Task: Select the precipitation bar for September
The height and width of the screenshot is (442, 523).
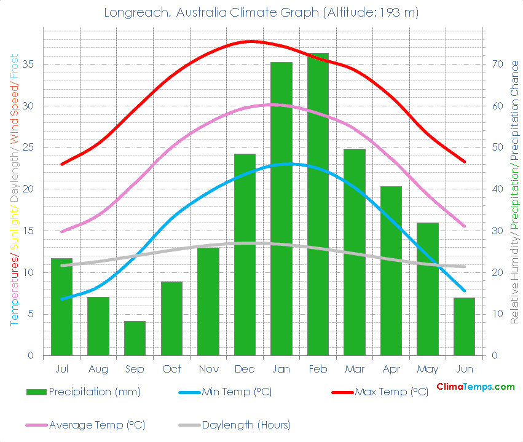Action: [x=135, y=338]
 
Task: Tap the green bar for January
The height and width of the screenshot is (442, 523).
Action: [x=281, y=209]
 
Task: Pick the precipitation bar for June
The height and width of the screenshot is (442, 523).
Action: [x=464, y=326]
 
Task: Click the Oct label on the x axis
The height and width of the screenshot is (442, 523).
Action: [x=171, y=369]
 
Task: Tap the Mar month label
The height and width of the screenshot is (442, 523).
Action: [x=355, y=369]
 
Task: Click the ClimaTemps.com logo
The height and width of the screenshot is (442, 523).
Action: [x=475, y=387]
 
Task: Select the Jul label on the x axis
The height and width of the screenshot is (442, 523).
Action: [x=61, y=369]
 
